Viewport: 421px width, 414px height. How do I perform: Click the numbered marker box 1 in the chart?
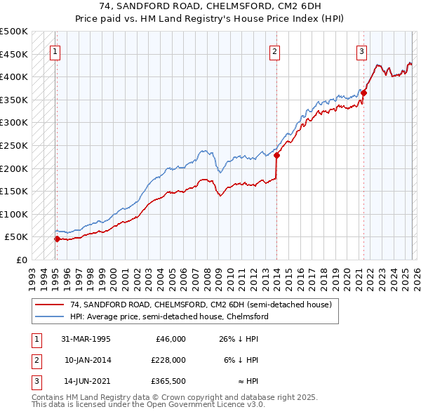55,51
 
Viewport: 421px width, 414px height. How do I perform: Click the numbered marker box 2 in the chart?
275,51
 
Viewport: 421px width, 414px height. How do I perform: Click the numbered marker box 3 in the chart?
361,51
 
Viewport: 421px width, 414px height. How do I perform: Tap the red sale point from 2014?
276,156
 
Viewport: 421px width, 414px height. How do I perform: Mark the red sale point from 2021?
364,93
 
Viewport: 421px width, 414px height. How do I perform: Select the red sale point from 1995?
57,239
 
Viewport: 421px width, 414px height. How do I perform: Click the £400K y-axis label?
15,76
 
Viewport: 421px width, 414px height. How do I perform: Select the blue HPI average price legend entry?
168,316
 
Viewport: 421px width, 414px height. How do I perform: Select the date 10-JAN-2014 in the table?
87,360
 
